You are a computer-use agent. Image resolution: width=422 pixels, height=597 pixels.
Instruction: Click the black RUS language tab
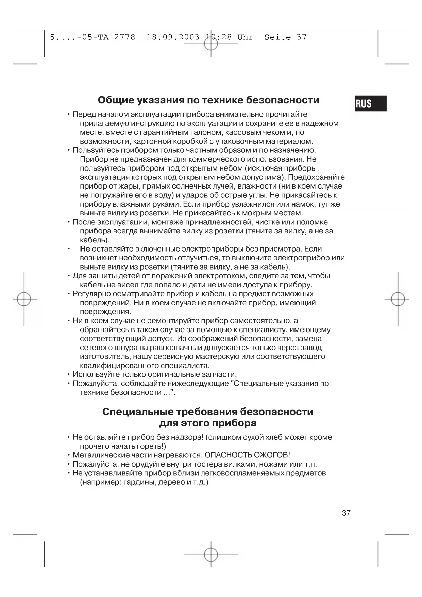(370, 103)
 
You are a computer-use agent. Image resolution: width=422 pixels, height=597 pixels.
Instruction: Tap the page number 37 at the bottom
(346, 513)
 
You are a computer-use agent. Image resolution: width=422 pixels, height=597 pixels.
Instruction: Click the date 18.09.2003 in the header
(173, 37)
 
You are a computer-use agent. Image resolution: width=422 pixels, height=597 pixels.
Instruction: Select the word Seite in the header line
(277, 37)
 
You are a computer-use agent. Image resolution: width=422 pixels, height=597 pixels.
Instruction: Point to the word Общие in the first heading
(116, 100)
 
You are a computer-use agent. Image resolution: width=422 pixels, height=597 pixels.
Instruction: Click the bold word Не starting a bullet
(85, 249)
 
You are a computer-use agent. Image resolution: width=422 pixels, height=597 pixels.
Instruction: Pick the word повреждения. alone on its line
(105, 312)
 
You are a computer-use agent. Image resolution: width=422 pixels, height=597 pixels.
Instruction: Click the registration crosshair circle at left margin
(24, 299)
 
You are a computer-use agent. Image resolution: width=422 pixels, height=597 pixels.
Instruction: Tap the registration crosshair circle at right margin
(398, 299)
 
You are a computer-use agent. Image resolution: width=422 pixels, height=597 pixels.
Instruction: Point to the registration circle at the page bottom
(211, 554)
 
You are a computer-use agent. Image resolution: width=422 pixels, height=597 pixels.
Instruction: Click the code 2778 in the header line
(124, 37)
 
